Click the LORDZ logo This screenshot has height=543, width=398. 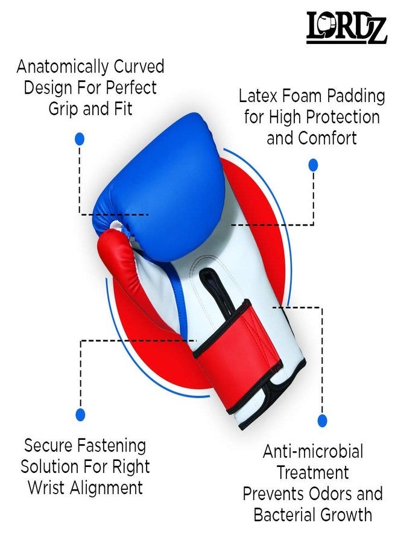coord(346,27)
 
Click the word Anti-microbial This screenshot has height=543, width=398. coord(313,451)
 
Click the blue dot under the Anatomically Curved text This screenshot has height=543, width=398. coord(80,139)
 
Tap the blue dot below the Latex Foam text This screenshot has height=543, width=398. coord(313,165)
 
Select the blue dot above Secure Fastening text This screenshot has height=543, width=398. coord(80,414)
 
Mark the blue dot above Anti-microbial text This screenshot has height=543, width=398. coord(322,421)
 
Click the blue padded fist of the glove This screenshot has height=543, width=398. coord(163,187)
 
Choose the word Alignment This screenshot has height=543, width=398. coord(106,488)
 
